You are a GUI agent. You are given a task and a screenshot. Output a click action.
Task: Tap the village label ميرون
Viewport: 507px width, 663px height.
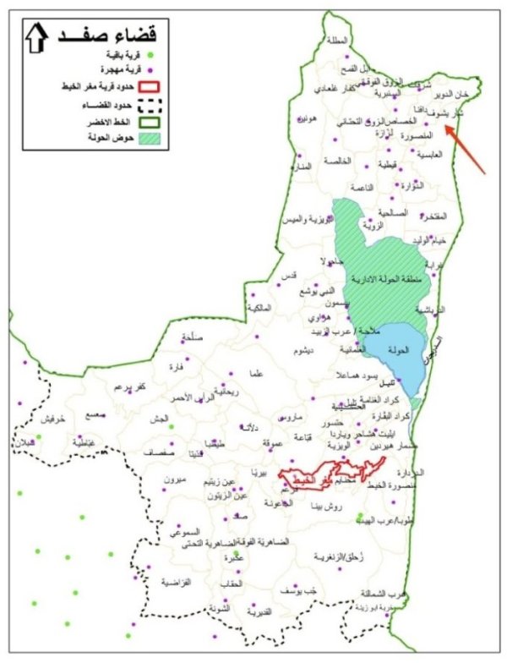[173, 479]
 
